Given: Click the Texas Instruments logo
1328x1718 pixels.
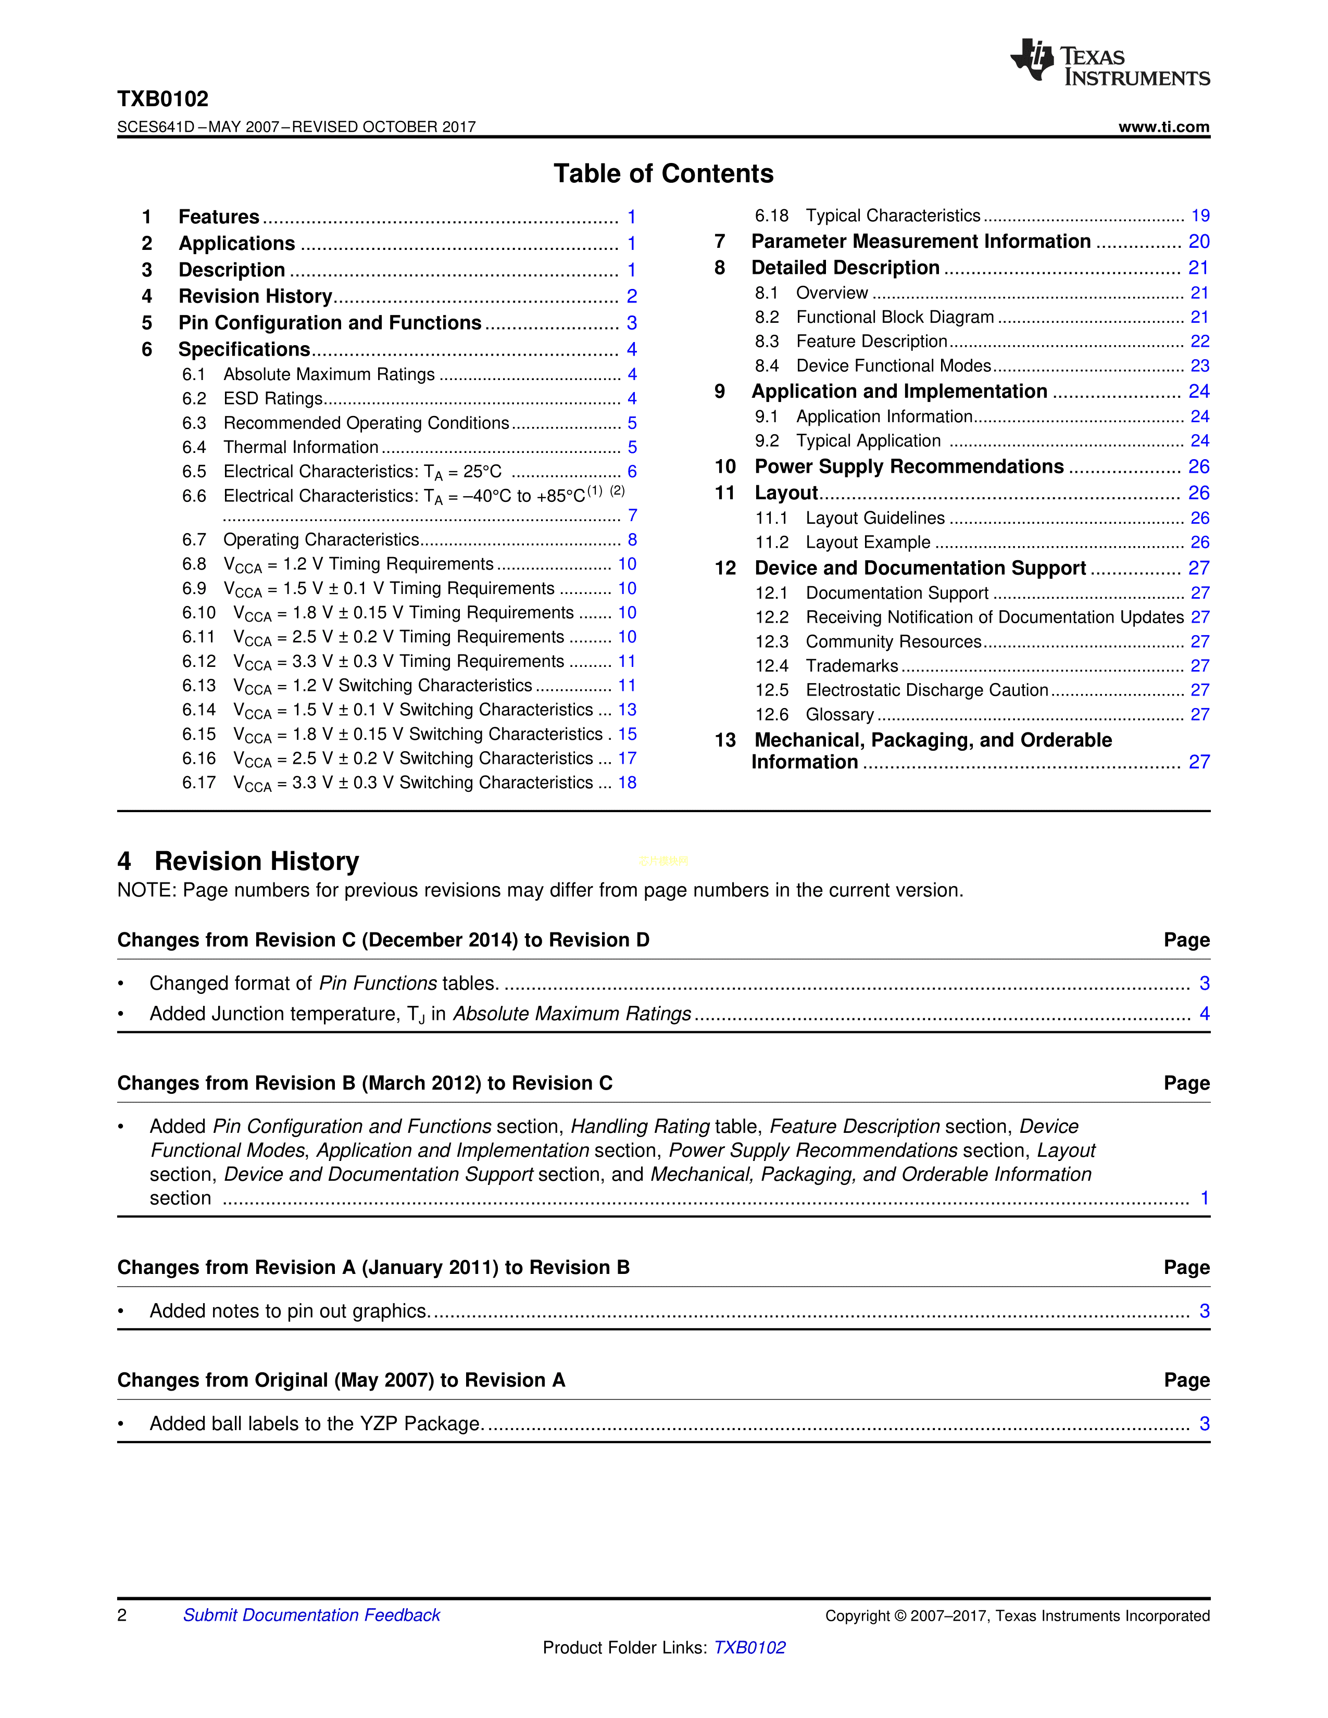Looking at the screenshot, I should point(1109,62).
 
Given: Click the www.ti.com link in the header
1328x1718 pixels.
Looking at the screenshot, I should point(1163,127).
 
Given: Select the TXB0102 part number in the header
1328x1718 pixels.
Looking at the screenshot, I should point(163,99).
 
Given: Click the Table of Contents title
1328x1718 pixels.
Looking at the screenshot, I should point(663,173).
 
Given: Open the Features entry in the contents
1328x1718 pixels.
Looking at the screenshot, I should point(219,217).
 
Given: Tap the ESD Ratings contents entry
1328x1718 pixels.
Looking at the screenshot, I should point(273,399).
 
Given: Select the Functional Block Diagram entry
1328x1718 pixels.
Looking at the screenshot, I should point(895,317).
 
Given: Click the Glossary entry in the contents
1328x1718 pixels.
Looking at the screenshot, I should point(840,715).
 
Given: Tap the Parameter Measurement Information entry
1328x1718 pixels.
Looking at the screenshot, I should point(920,242).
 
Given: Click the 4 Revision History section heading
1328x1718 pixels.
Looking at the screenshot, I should point(239,862).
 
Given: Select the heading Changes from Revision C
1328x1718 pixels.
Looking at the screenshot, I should point(383,940).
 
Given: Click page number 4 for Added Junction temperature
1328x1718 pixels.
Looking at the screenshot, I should point(1204,1014).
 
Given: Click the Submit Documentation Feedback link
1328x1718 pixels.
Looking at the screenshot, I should point(311,1615).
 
